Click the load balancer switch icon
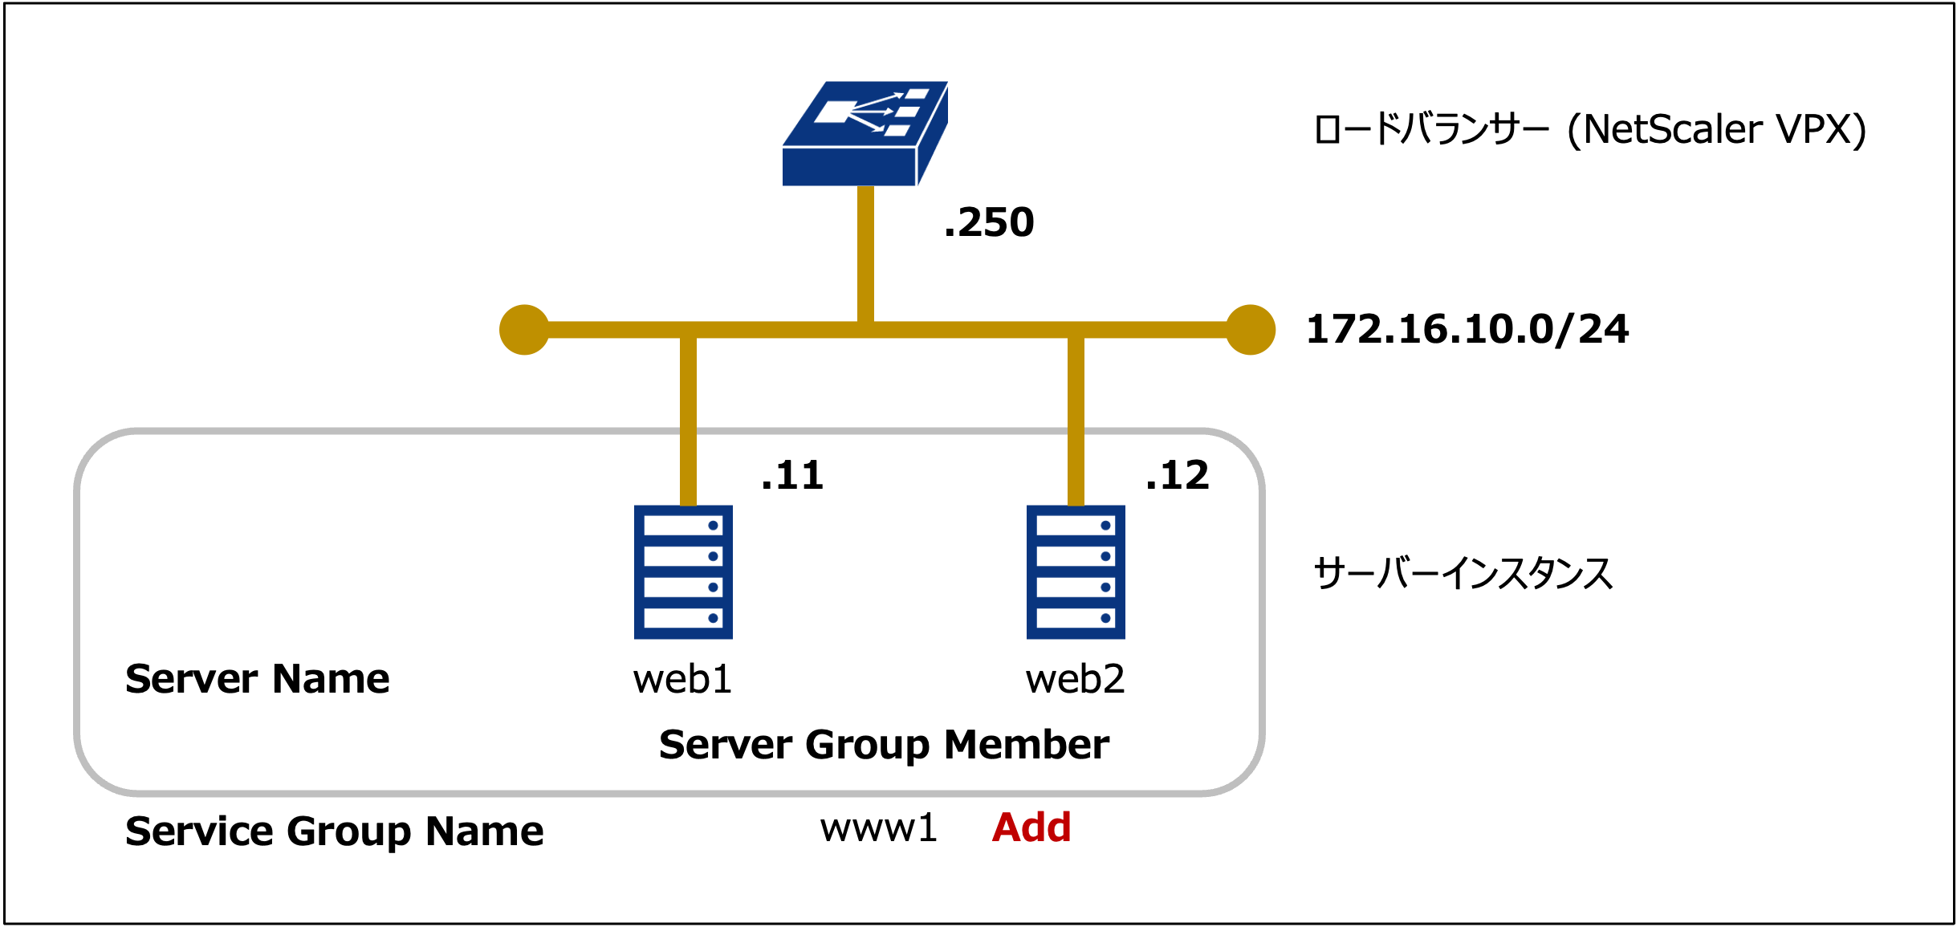tap(865, 133)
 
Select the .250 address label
tap(989, 222)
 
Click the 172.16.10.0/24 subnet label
tap(1467, 329)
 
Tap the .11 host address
tap(792, 475)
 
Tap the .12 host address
tap(1177, 475)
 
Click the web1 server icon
tap(683, 571)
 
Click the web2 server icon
tap(1076, 571)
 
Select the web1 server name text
tap(682, 679)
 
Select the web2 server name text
tap(1075, 679)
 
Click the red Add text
tap(1031, 827)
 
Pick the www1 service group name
tap(878, 827)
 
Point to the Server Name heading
tap(257, 679)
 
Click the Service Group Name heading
tap(334, 831)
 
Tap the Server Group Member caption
tap(884, 745)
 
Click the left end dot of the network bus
tap(524, 330)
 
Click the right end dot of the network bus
tap(1251, 330)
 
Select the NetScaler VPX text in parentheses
tap(1717, 130)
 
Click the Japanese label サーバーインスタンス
tap(1463, 573)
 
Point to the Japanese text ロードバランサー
tap(1431, 130)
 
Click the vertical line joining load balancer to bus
tap(865, 253)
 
